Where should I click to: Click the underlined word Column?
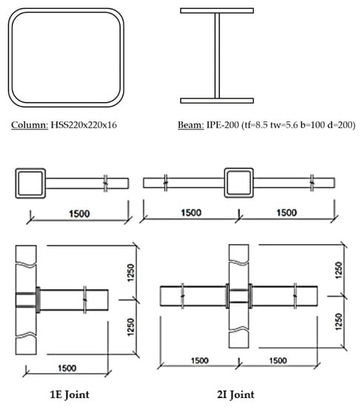(30, 125)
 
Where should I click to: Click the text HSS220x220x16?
(84, 125)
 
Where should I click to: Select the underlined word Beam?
(191, 125)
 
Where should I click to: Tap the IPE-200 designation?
(223, 125)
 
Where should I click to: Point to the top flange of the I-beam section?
(217, 10)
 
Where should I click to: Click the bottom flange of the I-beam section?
(217, 101)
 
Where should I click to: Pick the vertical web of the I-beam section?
(217, 55)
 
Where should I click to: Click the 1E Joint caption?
(70, 395)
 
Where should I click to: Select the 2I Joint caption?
(236, 395)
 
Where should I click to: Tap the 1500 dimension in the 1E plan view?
(79, 214)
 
